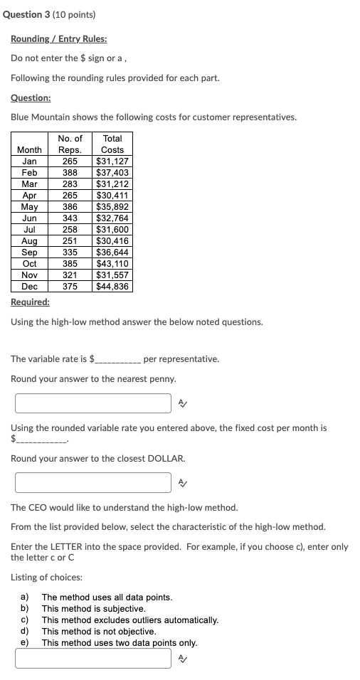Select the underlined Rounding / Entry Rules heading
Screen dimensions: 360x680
pyautogui.click(x=59, y=39)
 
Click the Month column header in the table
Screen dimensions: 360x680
pyautogui.click(x=29, y=150)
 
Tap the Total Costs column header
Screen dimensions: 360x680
pyautogui.click(x=112, y=144)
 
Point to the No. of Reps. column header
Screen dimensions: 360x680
pyautogui.click(x=70, y=144)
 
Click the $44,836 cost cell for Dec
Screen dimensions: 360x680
pyautogui.click(x=112, y=287)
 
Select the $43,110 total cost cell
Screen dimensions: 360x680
pyautogui.click(x=112, y=264)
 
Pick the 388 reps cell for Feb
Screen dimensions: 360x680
pyautogui.click(x=70, y=173)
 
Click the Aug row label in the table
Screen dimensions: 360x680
pyautogui.click(x=29, y=241)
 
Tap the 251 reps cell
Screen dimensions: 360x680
pyautogui.click(x=70, y=241)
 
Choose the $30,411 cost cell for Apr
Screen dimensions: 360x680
pyautogui.click(x=112, y=196)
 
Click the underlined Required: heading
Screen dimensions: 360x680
pyautogui.click(x=31, y=302)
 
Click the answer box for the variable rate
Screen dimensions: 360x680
pyautogui.click(x=93, y=403)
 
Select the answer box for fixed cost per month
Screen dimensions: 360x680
pyautogui.click(x=93, y=482)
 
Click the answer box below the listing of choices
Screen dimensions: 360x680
pyautogui.click(x=93, y=659)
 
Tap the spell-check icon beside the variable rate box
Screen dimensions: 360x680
pyautogui.click(x=183, y=404)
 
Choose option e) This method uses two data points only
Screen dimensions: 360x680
pyautogui.click(x=117, y=643)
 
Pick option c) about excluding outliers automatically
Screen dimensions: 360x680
pyautogui.click(x=129, y=620)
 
